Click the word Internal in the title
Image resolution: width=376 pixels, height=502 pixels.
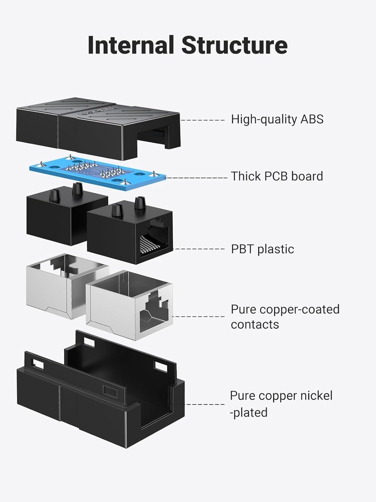click(131, 45)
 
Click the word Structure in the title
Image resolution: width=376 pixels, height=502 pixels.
click(234, 45)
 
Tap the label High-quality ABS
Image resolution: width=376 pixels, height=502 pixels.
click(277, 119)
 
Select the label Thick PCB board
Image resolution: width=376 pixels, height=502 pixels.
click(277, 176)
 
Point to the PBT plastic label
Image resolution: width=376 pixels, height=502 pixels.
click(262, 249)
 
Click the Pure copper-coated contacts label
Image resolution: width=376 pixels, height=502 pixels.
click(285, 317)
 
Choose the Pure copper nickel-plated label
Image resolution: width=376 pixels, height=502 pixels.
click(281, 404)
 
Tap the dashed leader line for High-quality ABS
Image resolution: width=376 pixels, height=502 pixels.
click(203, 119)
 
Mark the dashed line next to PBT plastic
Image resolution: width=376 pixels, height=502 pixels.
click(199, 249)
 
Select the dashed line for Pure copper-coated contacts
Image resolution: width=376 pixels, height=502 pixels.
click(199, 316)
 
